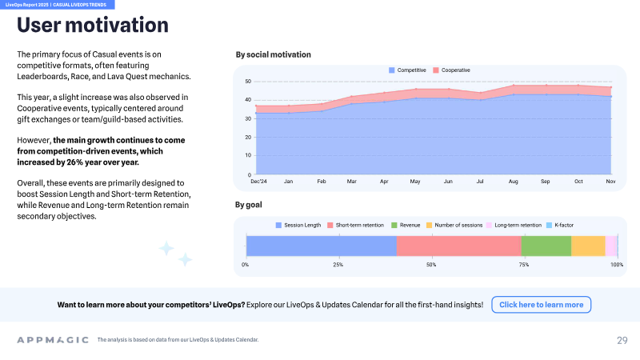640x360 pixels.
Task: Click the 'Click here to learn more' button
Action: click(542, 305)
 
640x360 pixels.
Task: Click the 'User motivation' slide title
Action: click(93, 25)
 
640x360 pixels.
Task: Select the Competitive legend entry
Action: click(407, 70)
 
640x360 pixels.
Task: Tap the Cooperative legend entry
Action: click(451, 70)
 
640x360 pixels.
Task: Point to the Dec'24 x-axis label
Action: click(258, 182)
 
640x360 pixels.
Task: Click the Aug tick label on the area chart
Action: click(513, 182)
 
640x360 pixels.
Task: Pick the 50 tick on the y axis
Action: click(248, 82)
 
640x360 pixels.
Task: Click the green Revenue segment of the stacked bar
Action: click(546, 246)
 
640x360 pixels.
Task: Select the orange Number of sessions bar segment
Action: click(588, 246)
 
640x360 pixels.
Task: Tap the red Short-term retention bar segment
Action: click(458, 246)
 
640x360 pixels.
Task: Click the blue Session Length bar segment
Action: click(322, 246)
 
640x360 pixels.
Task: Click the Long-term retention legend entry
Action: click(514, 226)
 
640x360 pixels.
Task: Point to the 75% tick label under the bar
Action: click(524, 265)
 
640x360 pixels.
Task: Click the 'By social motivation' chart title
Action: click(273, 54)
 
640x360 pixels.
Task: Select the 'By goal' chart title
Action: click(249, 205)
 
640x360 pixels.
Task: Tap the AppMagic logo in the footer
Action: click(53, 340)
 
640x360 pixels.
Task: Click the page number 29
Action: click(622, 341)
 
